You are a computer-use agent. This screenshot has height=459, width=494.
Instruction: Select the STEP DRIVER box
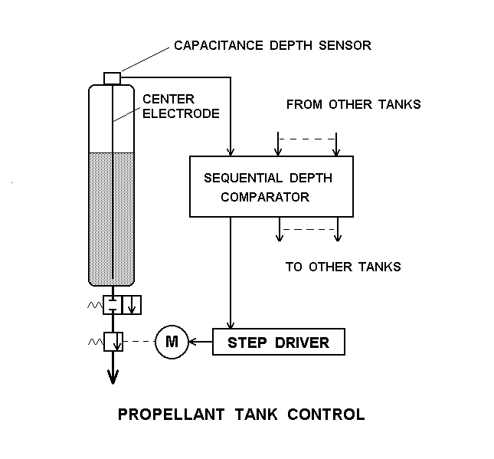(x=279, y=342)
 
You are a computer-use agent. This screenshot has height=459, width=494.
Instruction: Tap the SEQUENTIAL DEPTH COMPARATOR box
(x=271, y=186)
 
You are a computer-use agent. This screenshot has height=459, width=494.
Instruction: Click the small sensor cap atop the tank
(x=112, y=77)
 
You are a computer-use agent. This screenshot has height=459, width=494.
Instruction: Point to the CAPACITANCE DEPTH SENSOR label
(x=272, y=45)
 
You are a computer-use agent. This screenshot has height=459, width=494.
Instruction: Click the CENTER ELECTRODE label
(x=181, y=107)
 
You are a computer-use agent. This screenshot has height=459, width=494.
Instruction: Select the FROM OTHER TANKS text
(x=353, y=104)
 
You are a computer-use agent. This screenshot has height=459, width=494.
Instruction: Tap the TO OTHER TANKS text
(x=343, y=267)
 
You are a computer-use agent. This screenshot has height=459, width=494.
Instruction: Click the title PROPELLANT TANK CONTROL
(x=240, y=415)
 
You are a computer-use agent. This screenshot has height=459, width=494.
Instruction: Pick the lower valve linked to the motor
(x=113, y=342)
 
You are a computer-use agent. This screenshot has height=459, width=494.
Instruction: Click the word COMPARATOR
(x=264, y=197)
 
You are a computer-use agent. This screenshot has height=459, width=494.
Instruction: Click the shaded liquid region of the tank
(x=113, y=215)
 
